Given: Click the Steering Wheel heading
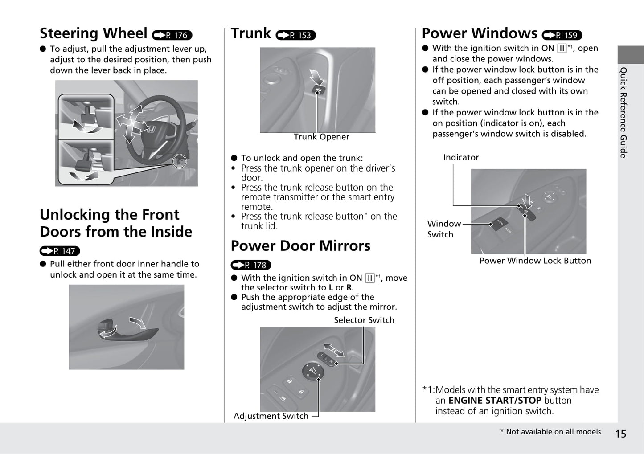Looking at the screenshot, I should point(93,33).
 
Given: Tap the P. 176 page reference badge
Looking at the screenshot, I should point(172,35).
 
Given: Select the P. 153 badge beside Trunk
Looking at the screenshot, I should point(295,35).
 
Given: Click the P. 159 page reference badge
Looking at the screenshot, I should point(562,35).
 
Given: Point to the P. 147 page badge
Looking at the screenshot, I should point(60,251).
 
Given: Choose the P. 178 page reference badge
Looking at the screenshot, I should point(251,265).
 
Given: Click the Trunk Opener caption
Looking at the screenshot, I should point(321,137).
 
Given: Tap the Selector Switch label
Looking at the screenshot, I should point(364,320).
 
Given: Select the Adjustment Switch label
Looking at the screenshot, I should point(271,416).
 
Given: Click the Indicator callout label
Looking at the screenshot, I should point(461,158).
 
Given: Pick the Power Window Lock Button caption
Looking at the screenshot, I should point(535,261).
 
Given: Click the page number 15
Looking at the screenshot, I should point(620,434).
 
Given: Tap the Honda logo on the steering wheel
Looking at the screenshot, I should point(151,130).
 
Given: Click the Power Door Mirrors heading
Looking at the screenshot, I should point(300,246).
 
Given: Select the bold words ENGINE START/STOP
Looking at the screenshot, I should point(495,401).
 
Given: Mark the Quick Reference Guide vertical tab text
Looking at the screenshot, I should point(623,112).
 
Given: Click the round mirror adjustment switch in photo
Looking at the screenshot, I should point(313,371).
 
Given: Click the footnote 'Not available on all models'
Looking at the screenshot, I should point(550,432).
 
